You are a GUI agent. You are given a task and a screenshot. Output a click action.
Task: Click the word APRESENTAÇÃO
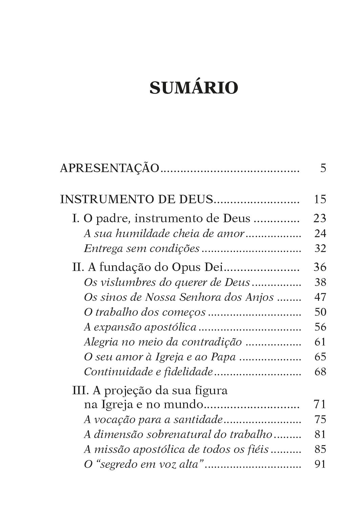pyautogui.click(x=109, y=168)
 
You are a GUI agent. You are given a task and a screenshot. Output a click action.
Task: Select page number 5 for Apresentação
pyautogui.click(x=323, y=168)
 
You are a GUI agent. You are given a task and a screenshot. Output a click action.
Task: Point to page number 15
pyautogui.click(x=320, y=199)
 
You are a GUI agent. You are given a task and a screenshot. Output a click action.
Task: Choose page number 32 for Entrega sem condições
pyautogui.click(x=320, y=249)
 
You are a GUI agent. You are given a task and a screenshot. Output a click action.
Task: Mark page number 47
pyautogui.click(x=320, y=297)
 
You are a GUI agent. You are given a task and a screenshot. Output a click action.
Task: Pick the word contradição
pyautogui.click(x=211, y=342)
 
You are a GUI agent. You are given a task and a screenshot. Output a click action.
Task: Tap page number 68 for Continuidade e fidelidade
pyautogui.click(x=320, y=372)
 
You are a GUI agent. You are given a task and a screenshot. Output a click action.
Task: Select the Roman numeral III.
pyautogui.click(x=80, y=390)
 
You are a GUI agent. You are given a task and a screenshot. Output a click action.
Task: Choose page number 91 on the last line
pyautogui.click(x=320, y=464)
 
